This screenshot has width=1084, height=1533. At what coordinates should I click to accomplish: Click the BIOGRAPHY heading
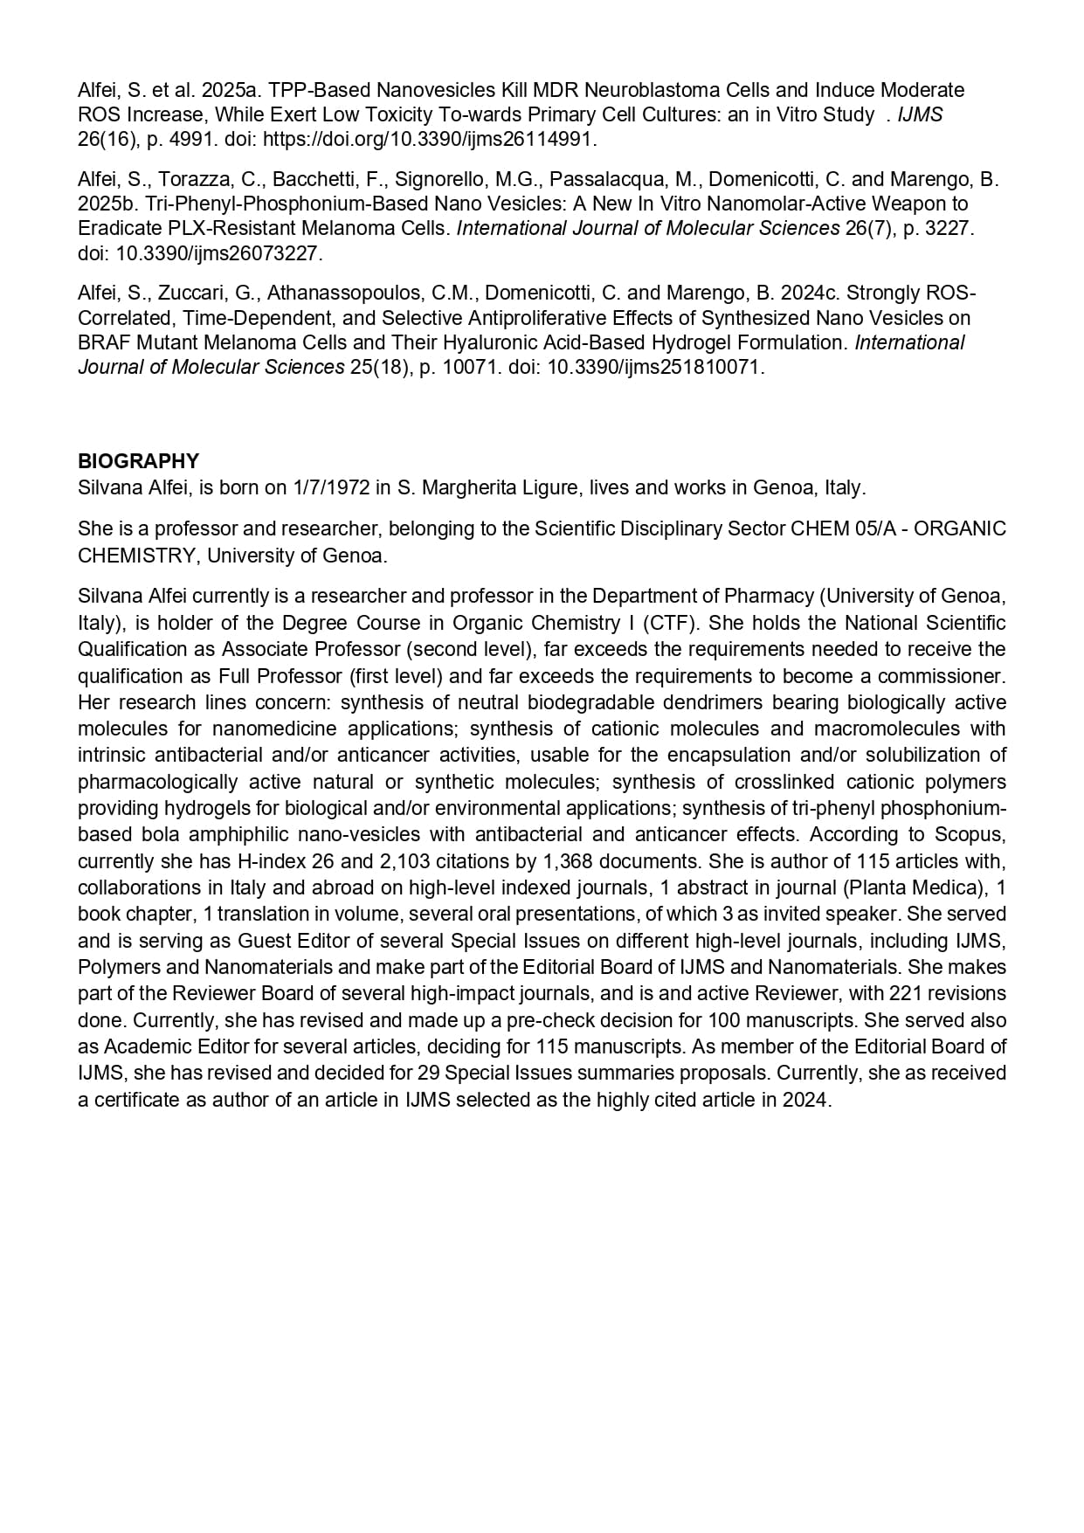[x=138, y=461]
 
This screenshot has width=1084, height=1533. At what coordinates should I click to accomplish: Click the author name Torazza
[x=195, y=180]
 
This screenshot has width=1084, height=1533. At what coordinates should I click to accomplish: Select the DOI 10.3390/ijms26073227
[x=219, y=254]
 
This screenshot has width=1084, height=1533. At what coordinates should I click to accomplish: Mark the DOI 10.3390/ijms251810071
[x=655, y=367]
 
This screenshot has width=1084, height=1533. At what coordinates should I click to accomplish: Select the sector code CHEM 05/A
[x=846, y=528]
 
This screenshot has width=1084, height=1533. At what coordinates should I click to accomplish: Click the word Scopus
[x=968, y=834]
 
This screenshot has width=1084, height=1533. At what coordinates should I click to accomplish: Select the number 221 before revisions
[x=906, y=993]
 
